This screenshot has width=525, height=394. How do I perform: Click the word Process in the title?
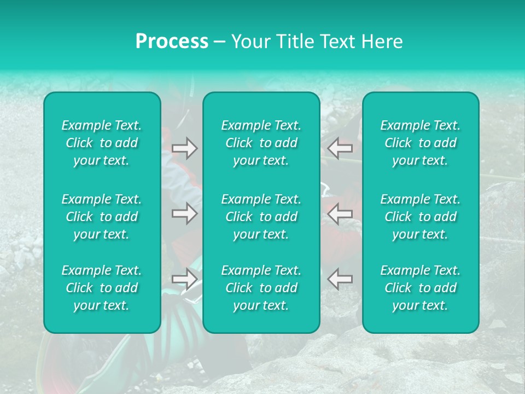tap(172, 42)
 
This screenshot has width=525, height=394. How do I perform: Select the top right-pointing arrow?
tap(184, 148)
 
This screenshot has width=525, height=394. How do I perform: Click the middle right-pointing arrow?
tap(184, 213)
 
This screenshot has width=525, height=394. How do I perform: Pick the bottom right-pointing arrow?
tap(184, 279)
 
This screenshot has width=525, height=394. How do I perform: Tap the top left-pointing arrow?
tap(340, 148)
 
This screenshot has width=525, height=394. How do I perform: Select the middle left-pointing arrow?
tap(340, 213)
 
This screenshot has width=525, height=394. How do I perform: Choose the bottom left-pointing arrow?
tap(340, 279)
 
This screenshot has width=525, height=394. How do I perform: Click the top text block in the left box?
tap(102, 143)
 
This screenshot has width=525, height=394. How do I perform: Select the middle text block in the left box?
tap(102, 217)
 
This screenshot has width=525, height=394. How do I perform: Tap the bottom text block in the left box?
tap(102, 288)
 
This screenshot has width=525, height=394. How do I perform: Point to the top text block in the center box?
tap(261, 143)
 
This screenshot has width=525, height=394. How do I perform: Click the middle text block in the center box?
tap(261, 217)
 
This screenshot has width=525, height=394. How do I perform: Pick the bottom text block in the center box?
tap(261, 288)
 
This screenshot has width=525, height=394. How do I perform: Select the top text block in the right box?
tap(421, 143)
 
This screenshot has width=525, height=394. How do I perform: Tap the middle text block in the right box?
tap(421, 217)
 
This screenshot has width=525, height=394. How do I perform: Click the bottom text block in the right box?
tap(421, 288)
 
